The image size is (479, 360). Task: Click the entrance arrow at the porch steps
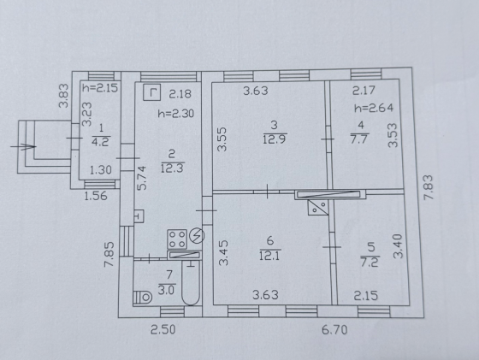24,146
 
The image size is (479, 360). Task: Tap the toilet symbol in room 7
142,297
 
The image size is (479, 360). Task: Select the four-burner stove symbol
177,239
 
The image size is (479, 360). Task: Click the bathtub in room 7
191,283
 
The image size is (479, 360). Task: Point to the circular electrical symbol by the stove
197,236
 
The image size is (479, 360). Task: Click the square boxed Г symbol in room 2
152,92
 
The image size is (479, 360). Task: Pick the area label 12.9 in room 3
274,139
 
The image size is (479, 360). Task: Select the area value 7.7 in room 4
359,139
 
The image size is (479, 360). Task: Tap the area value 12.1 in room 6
269,255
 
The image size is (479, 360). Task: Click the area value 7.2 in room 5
370,262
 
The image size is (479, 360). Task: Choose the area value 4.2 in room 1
101,142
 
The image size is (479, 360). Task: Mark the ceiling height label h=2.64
374,108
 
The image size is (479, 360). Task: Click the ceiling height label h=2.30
176,114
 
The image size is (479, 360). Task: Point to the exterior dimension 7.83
429,187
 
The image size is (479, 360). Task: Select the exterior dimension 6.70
334,330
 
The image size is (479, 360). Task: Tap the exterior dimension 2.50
163,330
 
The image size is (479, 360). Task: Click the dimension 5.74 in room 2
141,178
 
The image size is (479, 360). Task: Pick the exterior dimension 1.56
96,196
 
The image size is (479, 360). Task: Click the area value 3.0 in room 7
166,290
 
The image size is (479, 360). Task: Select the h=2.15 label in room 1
100,88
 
